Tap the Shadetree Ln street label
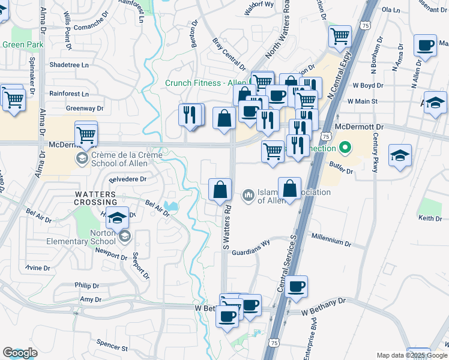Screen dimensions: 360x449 (x=68, y=65)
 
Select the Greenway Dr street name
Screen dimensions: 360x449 (x=85, y=109)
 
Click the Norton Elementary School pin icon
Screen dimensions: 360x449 (x=124, y=236)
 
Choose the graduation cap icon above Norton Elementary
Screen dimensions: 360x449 (x=119, y=216)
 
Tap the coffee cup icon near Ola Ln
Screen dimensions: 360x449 (x=425, y=46)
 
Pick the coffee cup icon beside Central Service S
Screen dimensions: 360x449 (x=297, y=287)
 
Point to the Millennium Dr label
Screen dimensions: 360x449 (x=331, y=243)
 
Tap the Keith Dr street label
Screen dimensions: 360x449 (x=430, y=218)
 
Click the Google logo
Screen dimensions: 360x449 (x=20, y=353)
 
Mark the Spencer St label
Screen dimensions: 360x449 (x=112, y=346)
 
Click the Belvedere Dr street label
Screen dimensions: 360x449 (x=127, y=179)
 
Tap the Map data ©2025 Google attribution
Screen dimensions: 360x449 (x=411, y=355)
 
